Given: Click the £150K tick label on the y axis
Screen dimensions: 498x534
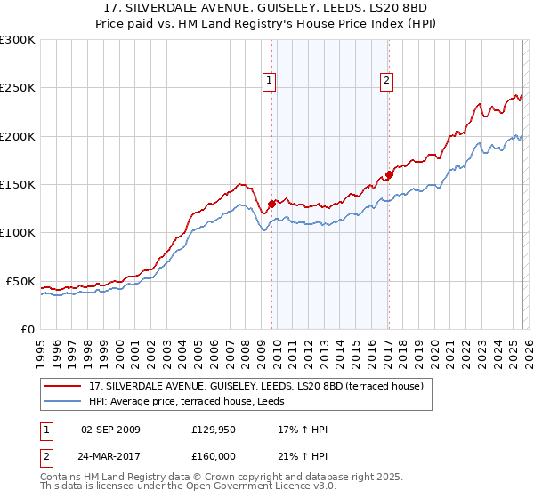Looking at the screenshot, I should (17, 185).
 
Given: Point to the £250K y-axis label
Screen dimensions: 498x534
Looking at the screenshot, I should (17, 88).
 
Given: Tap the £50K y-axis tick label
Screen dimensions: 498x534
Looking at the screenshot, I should (20, 281).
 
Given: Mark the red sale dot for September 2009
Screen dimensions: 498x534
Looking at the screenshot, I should (271, 204).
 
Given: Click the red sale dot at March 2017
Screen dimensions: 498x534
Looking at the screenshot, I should (388, 175).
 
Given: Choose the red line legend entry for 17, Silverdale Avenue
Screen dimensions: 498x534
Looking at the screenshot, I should (261, 386).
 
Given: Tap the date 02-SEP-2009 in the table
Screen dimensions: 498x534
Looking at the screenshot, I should (110, 430).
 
